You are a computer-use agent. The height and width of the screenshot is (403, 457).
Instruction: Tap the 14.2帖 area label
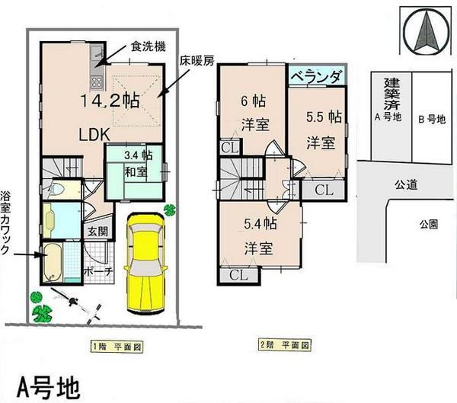[x=110, y=101]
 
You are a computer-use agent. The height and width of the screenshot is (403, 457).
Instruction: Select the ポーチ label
[x=96, y=272]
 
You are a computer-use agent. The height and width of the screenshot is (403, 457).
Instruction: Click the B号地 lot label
[x=431, y=118]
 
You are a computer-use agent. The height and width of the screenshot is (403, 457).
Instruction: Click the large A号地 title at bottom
[x=46, y=385]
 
